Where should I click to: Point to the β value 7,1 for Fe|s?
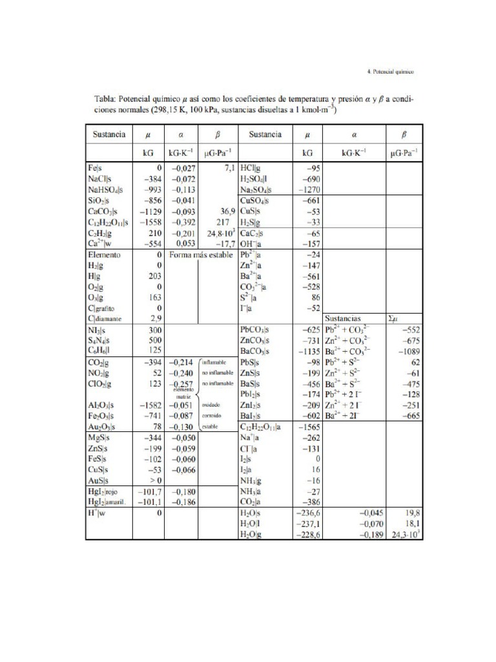point(229,167)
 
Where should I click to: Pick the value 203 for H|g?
point(154,276)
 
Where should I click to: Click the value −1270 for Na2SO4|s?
point(307,190)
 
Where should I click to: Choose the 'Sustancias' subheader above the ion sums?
point(347,319)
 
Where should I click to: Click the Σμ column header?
point(395,319)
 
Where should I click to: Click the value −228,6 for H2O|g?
point(305,535)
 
